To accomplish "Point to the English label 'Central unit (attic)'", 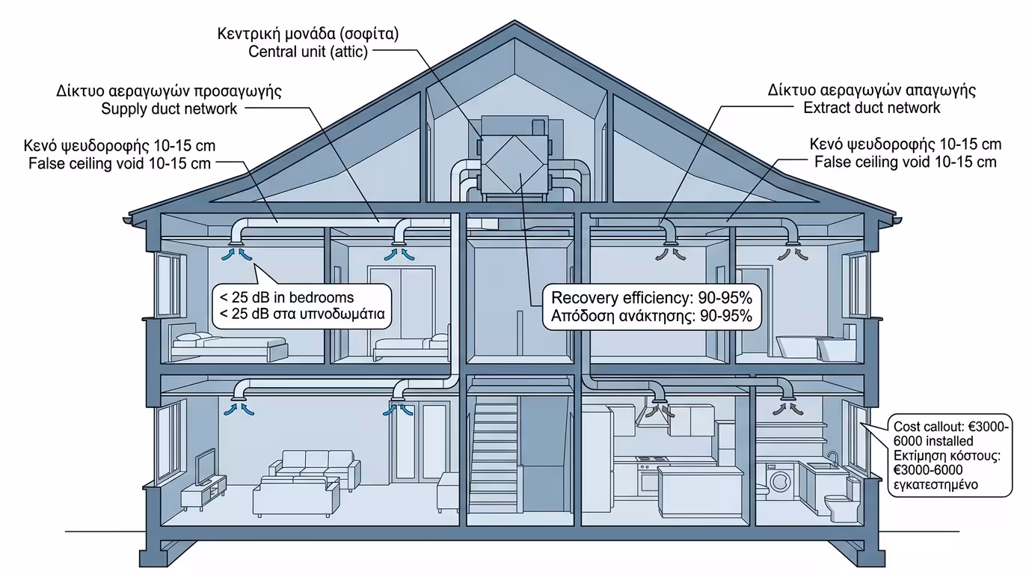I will (308, 52).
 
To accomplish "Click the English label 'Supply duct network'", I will (169, 109).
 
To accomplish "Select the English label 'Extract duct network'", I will (872, 108).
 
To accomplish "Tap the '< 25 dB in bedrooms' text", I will (287, 298).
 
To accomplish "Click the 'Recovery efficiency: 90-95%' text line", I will (651, 296).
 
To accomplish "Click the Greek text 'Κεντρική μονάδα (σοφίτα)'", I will (309, 34).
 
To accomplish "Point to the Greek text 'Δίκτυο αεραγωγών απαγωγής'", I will (872, 91).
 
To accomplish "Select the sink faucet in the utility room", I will (832, 457).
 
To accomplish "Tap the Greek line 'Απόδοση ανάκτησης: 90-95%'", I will (651, 315).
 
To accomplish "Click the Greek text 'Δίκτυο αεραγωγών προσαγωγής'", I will (169, 91).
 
